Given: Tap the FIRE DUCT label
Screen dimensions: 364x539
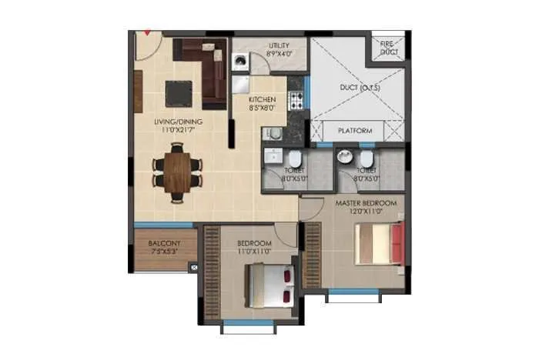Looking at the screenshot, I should pos(389,48).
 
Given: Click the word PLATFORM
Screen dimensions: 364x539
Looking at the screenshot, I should pos(355,132).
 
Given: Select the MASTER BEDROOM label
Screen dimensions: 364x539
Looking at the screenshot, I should pos(366,202).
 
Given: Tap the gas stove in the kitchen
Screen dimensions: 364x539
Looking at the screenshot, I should pos(296,99).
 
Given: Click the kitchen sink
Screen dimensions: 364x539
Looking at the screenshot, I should pos(276,135).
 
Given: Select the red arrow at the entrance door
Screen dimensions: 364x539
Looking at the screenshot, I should pos(140,34).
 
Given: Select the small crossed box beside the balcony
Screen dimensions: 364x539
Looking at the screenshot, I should pos(193,267).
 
